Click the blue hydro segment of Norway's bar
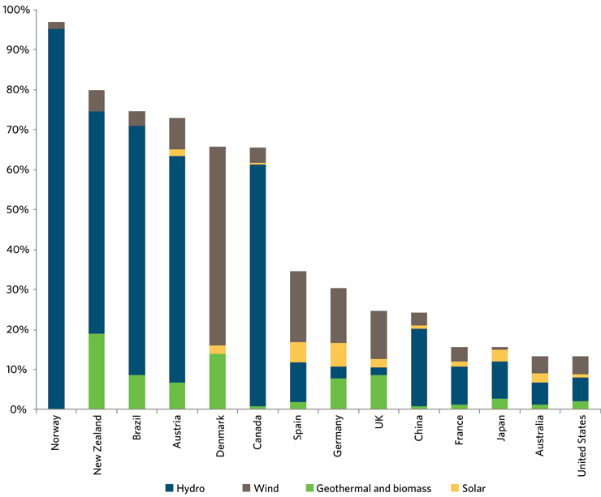click(x=56, y=219)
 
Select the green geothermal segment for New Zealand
click(x=96, y=371)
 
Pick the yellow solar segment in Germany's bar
click(x=339, y=354)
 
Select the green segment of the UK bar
click(x=378, y=392)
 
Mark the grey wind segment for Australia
click(x=540, y=364)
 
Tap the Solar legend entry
click(x=479, y=488)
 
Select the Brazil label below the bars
click(x=137, y=432)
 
